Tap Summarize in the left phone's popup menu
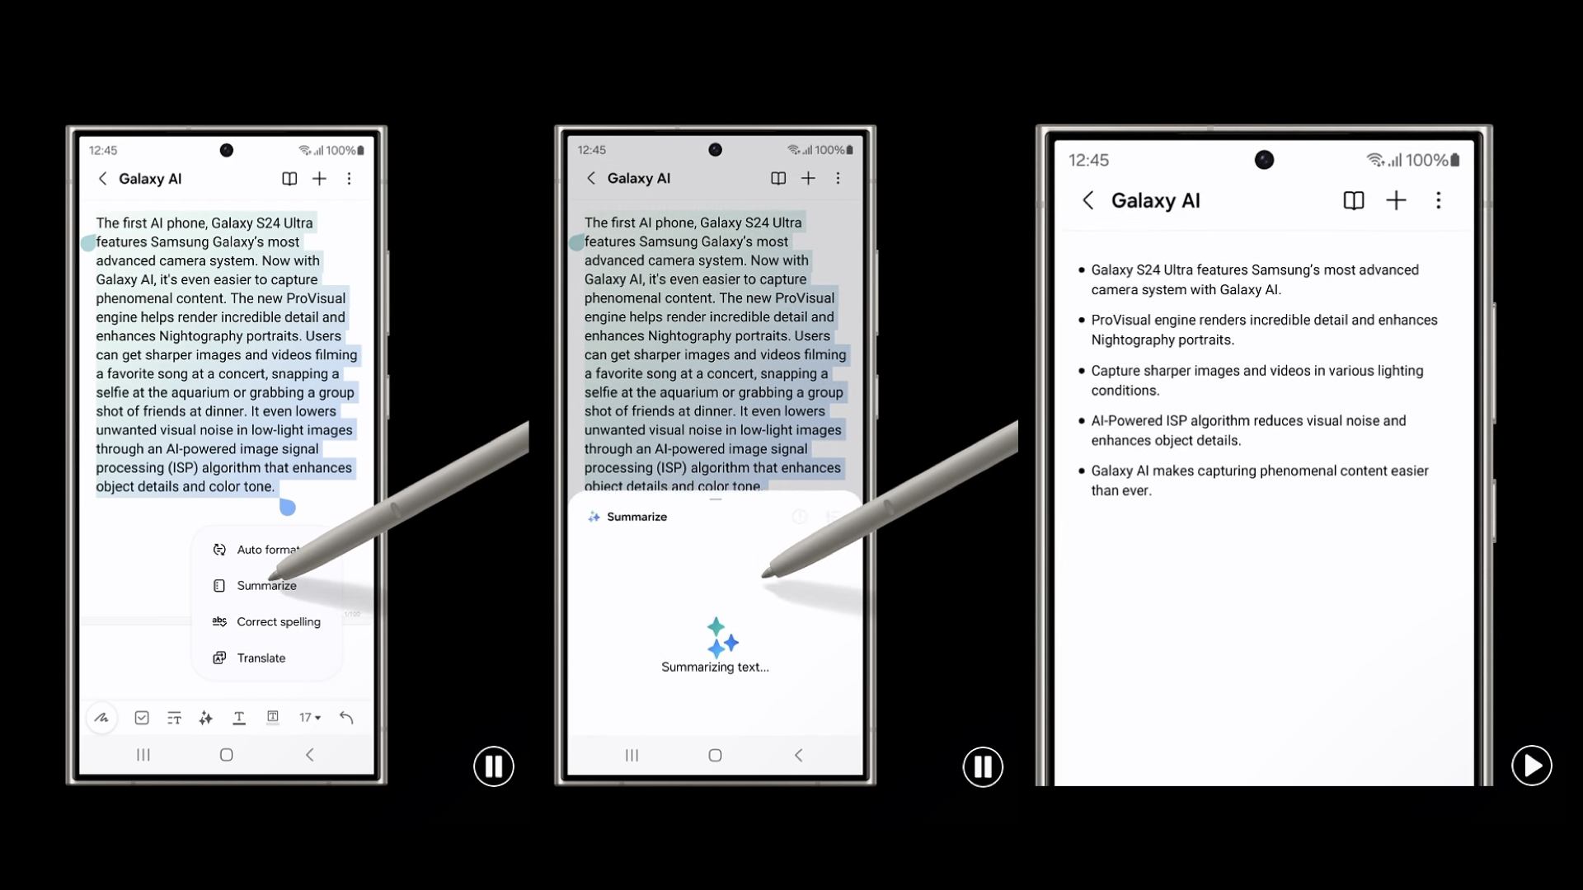266,586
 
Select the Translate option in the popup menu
261,658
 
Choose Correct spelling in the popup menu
278,622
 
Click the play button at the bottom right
1532,766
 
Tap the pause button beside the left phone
494,766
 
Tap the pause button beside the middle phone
983,766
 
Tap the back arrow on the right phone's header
1088,200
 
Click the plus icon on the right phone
1396,200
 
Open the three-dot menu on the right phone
1439,200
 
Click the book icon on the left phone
289,179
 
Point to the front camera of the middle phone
715,150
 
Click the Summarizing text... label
715,667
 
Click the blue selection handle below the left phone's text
287,508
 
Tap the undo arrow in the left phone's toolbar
346,718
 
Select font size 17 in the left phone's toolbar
310,718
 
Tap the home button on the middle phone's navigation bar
715,755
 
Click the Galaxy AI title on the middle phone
639,178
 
